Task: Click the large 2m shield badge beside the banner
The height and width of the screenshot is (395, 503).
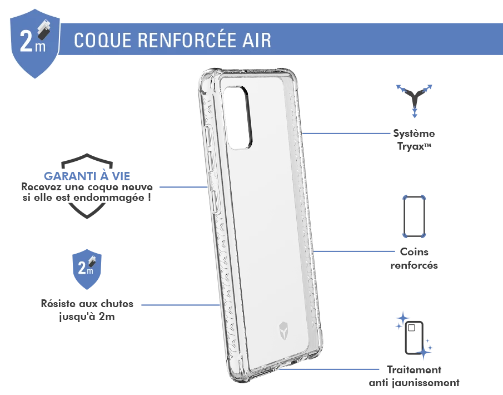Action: coord(34,43)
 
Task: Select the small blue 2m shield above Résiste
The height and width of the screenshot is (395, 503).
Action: coord(87,269)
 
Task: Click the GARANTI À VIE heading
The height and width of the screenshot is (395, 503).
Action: coord(87,176)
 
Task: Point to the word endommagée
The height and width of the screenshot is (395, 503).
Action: coord(109,197)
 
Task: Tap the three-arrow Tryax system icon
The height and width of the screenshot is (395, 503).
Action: coord(414,101)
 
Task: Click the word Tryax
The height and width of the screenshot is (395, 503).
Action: coord(411,146)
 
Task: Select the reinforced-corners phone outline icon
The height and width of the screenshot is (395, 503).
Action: coord(414,216)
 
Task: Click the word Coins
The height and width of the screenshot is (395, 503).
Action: coord(414,252)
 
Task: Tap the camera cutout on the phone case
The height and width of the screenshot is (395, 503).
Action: coord(238,117)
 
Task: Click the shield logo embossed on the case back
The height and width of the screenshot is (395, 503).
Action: coord(284,330)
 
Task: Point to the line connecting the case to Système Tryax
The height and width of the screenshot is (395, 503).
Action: coord(346,134)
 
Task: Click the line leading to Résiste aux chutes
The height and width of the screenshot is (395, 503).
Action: coord(181,305)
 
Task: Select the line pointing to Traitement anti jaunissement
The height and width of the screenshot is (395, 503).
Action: coord(329,369)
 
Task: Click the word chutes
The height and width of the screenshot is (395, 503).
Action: coord(115,304)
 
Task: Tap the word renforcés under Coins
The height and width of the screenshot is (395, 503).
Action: coord(414,265)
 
